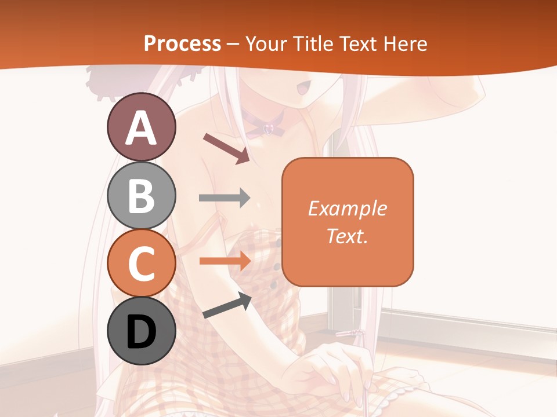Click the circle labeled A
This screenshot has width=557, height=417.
tap(141, 127)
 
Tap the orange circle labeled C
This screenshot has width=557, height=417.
tap(141, 263)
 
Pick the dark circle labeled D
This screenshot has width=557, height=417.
tap(141, 331)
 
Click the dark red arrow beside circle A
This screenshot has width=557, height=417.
tap(226, 148)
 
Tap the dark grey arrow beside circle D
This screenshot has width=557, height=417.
tap(227, 305)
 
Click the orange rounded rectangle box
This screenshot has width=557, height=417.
tap(348, 222)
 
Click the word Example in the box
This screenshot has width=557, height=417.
tap(348, 209)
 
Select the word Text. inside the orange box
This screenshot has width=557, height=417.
tap(348, 236)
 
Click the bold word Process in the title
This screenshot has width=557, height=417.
tap(182, 43)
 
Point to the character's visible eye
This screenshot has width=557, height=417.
tap(302, 89)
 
